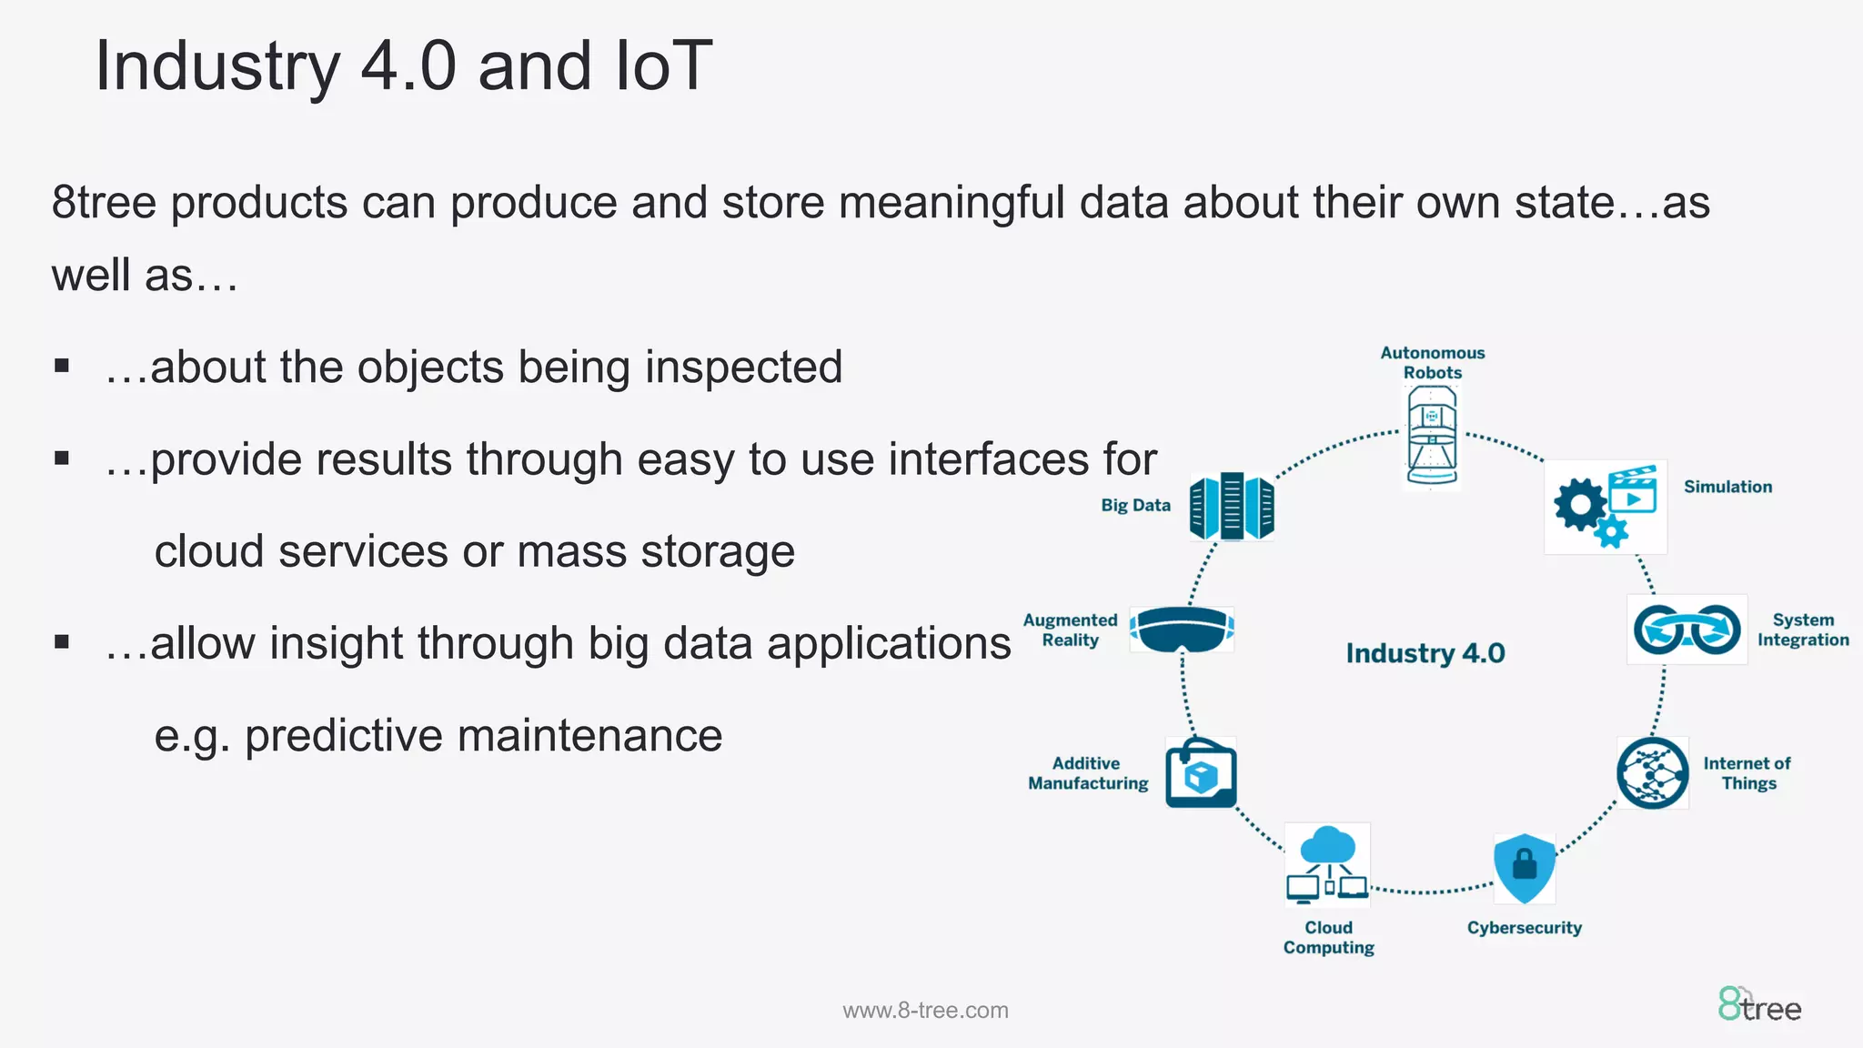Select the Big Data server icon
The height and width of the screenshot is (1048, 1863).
[1232, 507]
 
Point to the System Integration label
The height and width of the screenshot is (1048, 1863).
[1802, 630]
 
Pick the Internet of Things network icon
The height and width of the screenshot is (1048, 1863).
[1653, 773]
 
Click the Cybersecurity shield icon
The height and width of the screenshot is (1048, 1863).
[1525, 867]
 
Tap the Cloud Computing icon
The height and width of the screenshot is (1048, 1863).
[1327, 864]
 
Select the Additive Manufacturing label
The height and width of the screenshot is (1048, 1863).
[1088, 773]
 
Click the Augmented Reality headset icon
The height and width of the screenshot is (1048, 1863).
[1182, 630]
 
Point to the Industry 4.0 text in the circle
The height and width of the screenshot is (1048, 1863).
[1425, 653]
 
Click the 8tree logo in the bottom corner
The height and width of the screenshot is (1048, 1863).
[1759, 1006]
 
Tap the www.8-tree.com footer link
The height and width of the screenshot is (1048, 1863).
[925, 1011]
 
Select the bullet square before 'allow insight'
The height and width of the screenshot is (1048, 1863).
[62, 641]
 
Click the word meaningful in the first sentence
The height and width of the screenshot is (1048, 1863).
[951, 202]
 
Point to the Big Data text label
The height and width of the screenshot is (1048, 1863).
[1135, 506]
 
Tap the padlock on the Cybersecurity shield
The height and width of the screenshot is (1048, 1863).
[1525, 862]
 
